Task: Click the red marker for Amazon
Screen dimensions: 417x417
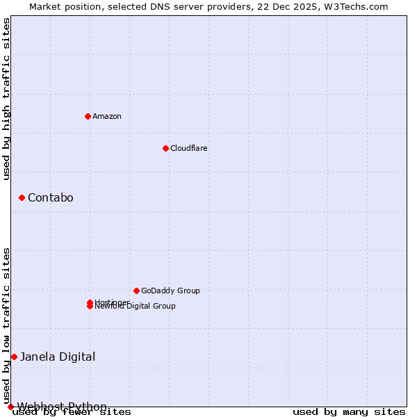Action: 88,116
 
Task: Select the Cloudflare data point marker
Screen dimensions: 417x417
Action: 165,148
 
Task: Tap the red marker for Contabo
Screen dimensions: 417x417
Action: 22,198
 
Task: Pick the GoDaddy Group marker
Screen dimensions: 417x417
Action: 136,291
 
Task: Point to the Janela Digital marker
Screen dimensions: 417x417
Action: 14,357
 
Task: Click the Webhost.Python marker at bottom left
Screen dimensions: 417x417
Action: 10,407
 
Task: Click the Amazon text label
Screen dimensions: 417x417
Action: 106,116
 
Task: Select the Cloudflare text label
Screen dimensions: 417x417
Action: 188,148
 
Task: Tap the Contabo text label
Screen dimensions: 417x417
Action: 50,198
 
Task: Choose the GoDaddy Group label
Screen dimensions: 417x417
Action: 170,291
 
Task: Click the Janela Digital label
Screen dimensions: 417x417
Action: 58,357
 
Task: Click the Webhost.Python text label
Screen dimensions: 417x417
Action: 62,407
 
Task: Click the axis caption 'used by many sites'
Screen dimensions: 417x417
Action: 349,412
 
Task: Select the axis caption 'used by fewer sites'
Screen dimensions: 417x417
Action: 72,412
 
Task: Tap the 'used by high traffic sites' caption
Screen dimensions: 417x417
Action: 7,99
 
